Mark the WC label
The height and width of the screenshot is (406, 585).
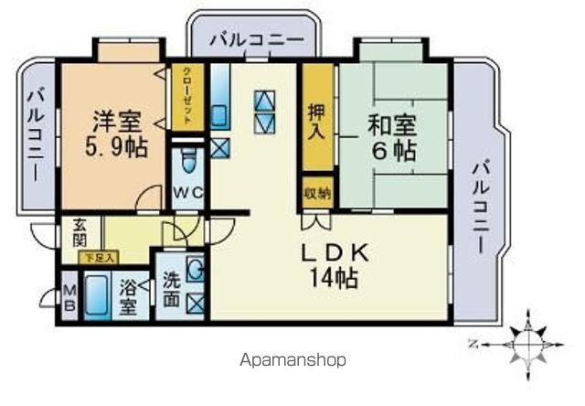pos(187,192)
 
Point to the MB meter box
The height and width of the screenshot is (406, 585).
pos(69,298)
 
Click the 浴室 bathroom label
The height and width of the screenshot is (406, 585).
pos(129,297)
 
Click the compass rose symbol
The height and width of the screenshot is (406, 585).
pos(528,345)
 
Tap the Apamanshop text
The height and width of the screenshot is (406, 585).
pos(292,359)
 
